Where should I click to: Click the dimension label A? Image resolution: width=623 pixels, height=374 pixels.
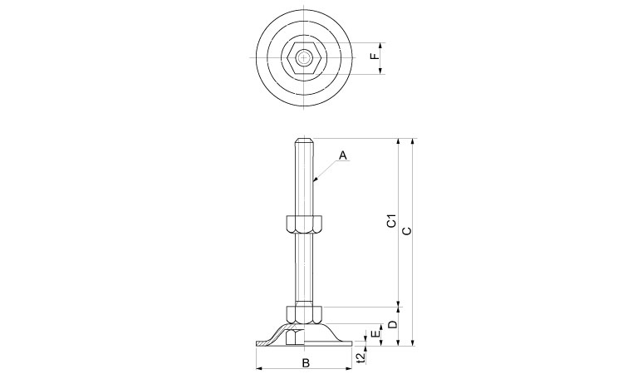point(343,155)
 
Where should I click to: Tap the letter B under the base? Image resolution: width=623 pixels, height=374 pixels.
point(305,363)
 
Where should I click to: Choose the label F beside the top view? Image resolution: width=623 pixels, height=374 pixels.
point(374,57)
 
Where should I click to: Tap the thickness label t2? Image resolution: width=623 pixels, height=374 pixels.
point(360,357)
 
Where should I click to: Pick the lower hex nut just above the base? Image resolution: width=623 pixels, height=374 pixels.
point(304,313)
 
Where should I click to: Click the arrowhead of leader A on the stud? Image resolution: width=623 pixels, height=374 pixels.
point(314,179)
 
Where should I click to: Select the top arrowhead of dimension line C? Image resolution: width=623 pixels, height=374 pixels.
point(414,142)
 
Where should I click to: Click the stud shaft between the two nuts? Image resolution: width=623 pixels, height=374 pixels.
point(304,266)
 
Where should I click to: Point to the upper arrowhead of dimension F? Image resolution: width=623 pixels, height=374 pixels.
point(381,45)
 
